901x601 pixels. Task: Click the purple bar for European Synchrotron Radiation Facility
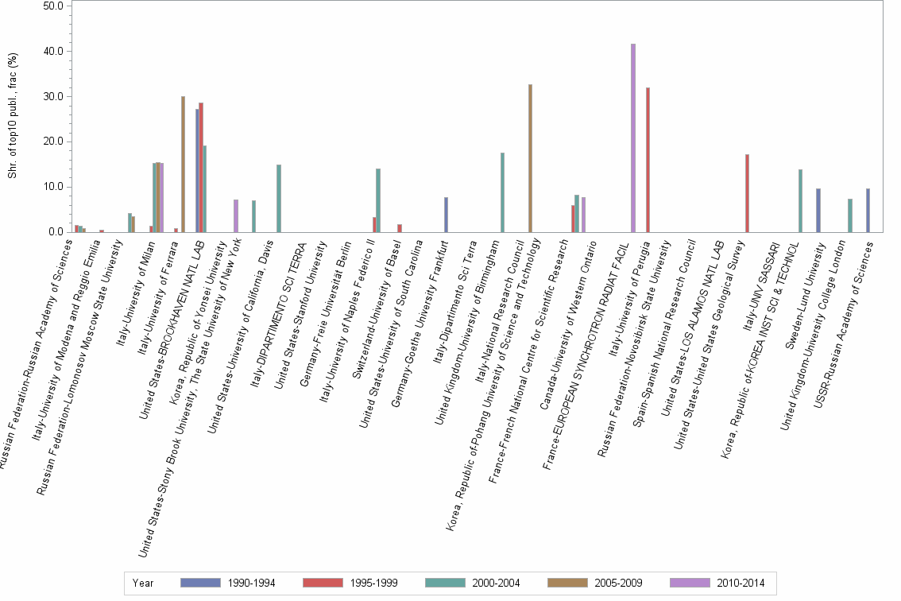coord(633,138)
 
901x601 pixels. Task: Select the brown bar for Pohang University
coord(530,158)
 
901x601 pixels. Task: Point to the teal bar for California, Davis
coord(279,199)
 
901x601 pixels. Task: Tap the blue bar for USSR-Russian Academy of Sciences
coord(868,211)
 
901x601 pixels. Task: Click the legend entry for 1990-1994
coord(228,583)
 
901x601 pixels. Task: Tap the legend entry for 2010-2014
coord(717,583)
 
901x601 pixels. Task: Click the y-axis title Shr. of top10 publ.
coord(12,116)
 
